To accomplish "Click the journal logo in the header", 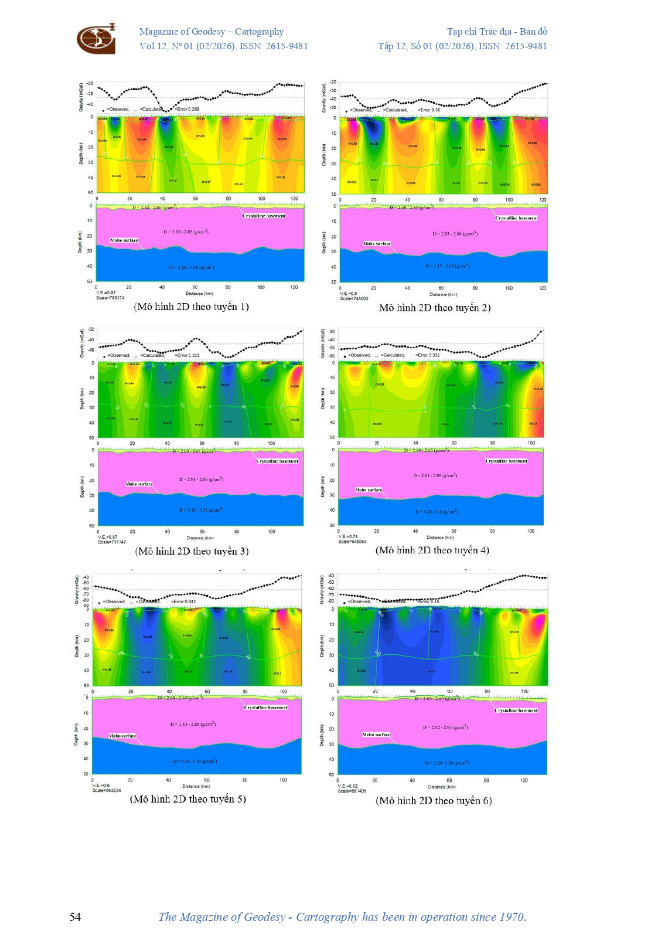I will click(96, 39).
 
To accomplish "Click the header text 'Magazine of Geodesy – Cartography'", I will click(211, 32).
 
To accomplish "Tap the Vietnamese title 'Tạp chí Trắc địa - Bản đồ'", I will click(497, 32).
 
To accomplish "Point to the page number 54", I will click(75, 917).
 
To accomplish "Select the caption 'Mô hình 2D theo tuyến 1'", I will click(192, 307).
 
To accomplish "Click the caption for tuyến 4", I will click(432, 550).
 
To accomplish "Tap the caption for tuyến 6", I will click(434, 800).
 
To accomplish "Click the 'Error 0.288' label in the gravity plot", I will click(188, 109).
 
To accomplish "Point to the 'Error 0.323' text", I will click(188, 355).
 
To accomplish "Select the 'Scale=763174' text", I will click(110, 298).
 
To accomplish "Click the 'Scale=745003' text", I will click(354, 298).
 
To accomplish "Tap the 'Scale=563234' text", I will click(106, 790).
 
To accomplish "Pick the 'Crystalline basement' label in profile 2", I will click(516, 218).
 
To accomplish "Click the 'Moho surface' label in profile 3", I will click(139, 484).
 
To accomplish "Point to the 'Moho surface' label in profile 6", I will click(376, 735).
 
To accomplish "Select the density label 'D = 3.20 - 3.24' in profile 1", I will click(192, 267).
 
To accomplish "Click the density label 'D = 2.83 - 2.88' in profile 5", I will click(193, 725).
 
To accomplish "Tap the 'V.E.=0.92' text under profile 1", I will click(105, 293).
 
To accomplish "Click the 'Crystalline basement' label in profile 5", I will click(265, 708).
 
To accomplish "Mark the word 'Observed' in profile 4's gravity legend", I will click(360, 355).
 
